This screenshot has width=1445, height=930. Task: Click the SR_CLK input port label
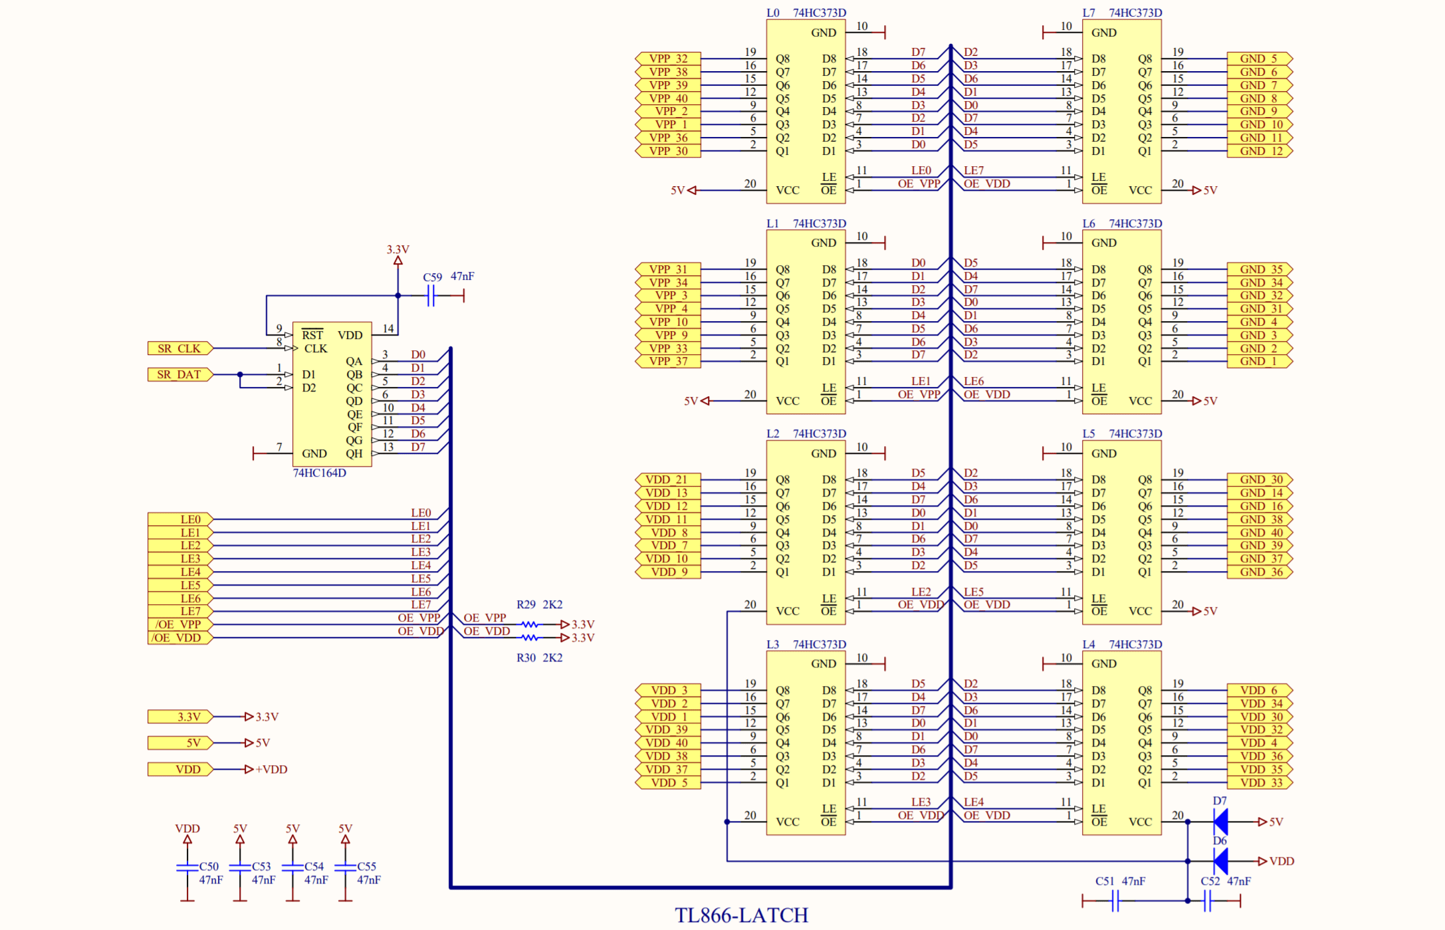(179, 348)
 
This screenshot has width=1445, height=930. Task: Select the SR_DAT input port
(179, 375)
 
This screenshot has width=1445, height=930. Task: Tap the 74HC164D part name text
(319, 473)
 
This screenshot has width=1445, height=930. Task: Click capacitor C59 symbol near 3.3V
(431, 296)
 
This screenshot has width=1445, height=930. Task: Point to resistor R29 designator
(526, 605)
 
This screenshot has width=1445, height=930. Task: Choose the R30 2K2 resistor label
(539, 658)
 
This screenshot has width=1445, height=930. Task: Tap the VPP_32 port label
(668, 58)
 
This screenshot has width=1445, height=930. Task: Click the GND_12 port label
(1260, 151)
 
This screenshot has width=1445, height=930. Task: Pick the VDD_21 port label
(667, 480)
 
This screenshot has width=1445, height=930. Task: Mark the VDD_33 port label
(1260, 783)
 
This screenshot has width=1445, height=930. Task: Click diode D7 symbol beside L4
(1220, 822)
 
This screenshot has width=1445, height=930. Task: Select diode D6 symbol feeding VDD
(1220, 862)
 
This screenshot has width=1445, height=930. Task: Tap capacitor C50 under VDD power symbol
(187, 868)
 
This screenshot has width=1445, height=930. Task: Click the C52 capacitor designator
(1210, 881)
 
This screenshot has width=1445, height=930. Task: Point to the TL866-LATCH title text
(741, 916)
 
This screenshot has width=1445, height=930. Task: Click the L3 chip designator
(772, 645)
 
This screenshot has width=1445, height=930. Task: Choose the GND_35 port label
(1260, 269)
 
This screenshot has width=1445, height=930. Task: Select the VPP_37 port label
(668, 362)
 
